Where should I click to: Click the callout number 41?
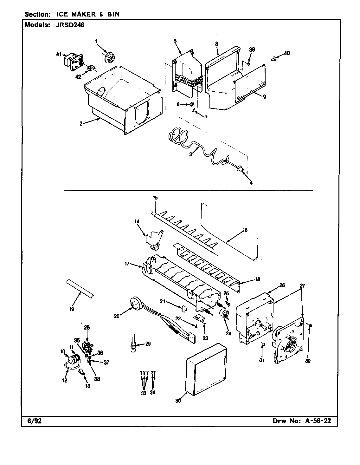click(x=58, y=54)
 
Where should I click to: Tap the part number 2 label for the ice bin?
click(x=81, y=124)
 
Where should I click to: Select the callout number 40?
click(x=286, y=53)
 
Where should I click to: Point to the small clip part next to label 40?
click(x=274, y=58)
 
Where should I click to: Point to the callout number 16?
click(x=245, y=230)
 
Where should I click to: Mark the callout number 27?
click(x=303, y=285)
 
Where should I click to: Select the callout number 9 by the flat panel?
click(x=264, y=98)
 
